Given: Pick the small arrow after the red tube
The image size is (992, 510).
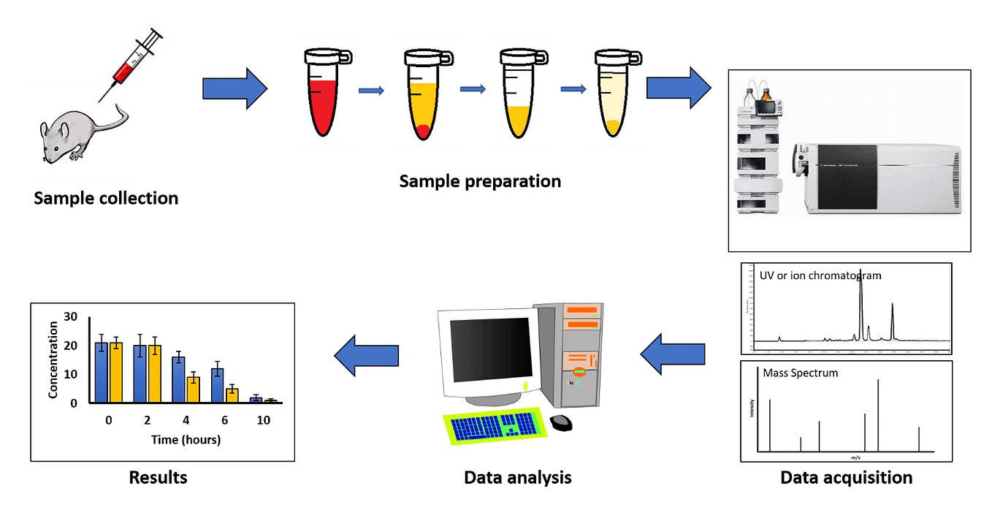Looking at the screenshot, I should click(x=371, y=91).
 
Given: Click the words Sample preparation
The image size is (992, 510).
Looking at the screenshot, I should click(x=480, y=180).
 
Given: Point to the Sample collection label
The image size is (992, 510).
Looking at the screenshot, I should click(x=106, y=198).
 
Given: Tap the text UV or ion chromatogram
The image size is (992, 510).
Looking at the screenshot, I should click(x=820, y=275).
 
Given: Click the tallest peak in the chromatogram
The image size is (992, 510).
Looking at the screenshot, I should click(x=861, y=300).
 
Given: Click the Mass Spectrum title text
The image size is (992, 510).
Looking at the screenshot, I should click(x=800, y=373).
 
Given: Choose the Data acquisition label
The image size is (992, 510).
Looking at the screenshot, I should click(x=846, y=478).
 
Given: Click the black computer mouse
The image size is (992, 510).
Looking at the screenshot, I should click(x=561, y=422).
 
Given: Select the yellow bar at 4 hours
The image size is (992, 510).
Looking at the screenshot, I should click(x=194, y=389).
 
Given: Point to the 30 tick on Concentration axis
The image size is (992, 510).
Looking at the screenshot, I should click(x=70, y=316).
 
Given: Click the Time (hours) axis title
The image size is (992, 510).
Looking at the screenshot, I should click(x=186, y=440).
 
